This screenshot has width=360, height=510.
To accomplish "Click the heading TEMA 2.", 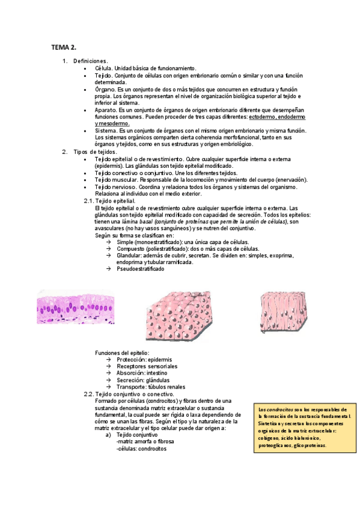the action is [x=63, y=46].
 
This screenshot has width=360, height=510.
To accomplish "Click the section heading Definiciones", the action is [x=90, y=61].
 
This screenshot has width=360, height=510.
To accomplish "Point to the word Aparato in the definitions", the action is [x=106, y=109].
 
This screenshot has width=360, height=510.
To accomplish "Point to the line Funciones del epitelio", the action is [x=123, y=352].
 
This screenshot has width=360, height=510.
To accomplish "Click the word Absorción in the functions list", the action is [x=132, y=373].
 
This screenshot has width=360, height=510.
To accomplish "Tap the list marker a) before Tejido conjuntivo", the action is [x=108, y=435].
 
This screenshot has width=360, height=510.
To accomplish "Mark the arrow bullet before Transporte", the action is [x=108, y=387].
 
